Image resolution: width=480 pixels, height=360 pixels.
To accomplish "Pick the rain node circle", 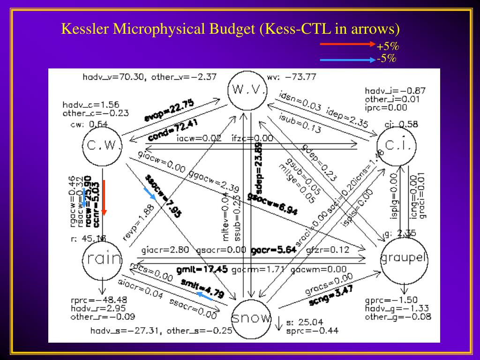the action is click(x=102, y=258).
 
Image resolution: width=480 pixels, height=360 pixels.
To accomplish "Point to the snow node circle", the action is click(x=251, y=319).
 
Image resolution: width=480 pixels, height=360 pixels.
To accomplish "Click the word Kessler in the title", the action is click(x=85, y=29).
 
